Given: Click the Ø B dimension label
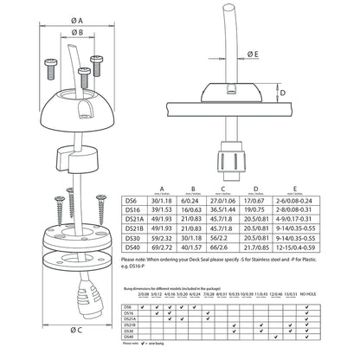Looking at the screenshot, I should point(76,35).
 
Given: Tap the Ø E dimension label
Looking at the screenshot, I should point(250,55).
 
